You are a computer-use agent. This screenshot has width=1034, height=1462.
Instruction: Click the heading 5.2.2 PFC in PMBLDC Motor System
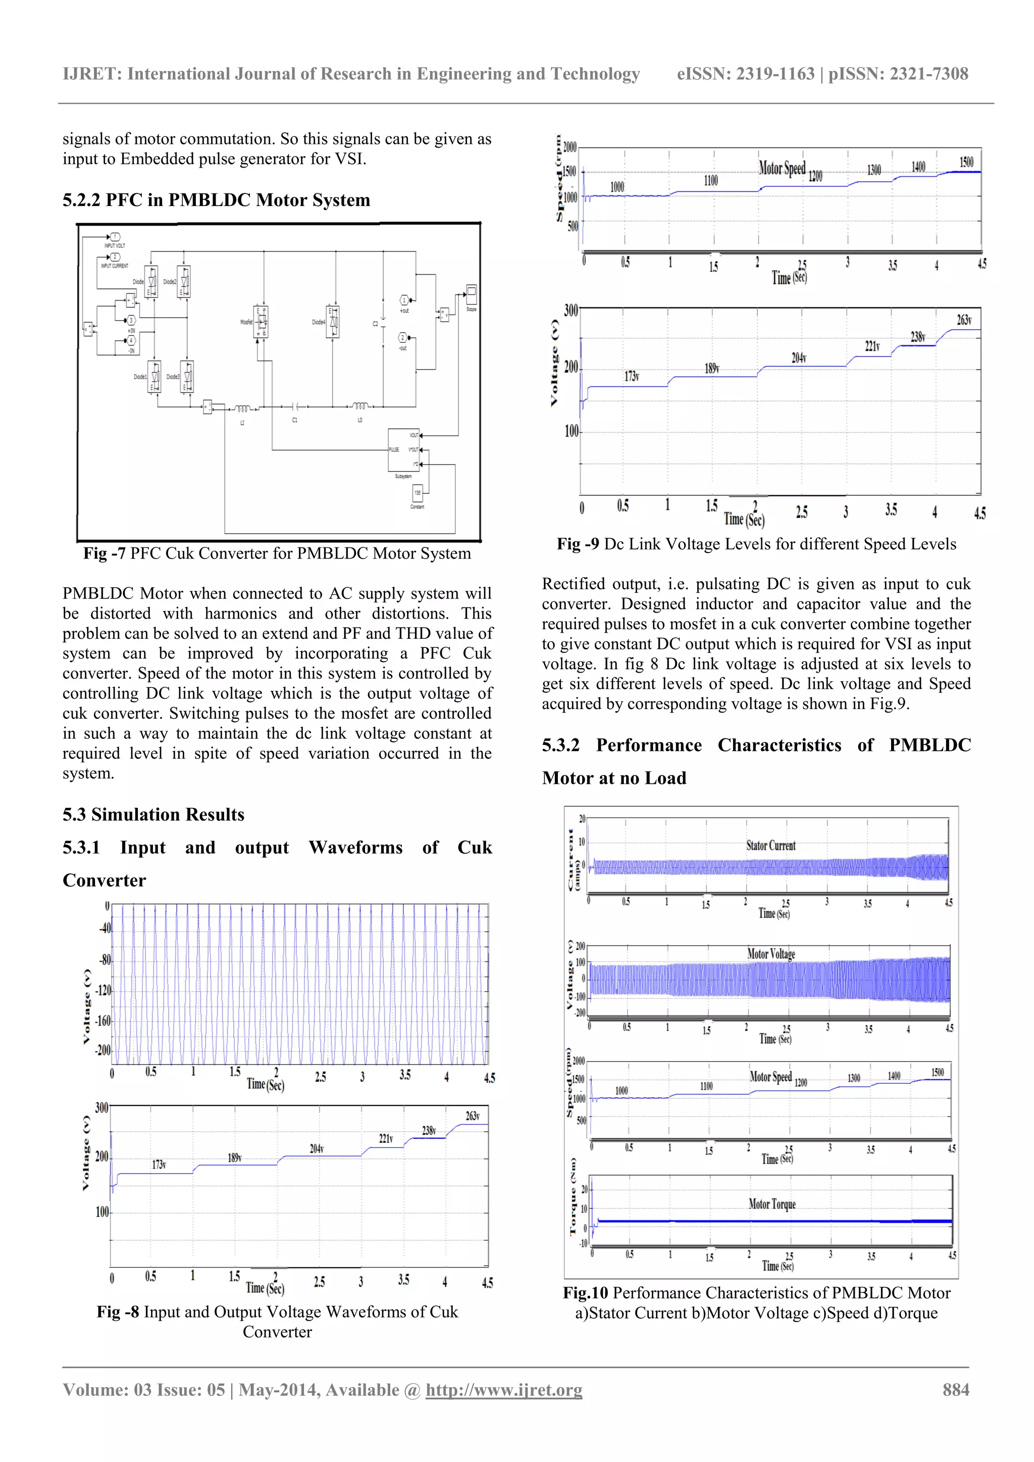216,200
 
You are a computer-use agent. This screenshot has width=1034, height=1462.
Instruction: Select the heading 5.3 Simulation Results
153,815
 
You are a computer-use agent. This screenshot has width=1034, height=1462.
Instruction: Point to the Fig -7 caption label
105,553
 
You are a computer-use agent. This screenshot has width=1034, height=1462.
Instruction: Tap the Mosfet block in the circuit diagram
261,322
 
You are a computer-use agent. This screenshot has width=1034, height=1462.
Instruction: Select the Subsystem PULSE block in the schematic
404,449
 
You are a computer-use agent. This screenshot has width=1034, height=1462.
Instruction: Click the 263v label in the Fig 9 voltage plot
964,320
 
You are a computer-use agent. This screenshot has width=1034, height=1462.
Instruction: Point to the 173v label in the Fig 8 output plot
159,1165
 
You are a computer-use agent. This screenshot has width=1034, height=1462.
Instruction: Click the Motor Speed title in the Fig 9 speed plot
782,168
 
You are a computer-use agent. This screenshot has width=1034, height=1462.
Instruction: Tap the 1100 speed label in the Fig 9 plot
710,181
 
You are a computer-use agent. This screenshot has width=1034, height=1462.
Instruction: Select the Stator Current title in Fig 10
771,845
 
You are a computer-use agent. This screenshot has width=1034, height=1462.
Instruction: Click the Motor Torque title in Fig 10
771,1204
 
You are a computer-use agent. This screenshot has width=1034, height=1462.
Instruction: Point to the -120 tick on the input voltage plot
103,991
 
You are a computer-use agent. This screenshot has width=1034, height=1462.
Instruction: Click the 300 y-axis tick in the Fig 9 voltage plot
571,311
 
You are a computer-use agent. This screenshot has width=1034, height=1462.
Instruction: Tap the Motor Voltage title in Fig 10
771,954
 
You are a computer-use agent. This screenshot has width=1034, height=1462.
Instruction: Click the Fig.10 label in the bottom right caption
585,1293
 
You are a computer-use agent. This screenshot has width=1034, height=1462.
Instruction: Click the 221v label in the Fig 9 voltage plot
872,346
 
